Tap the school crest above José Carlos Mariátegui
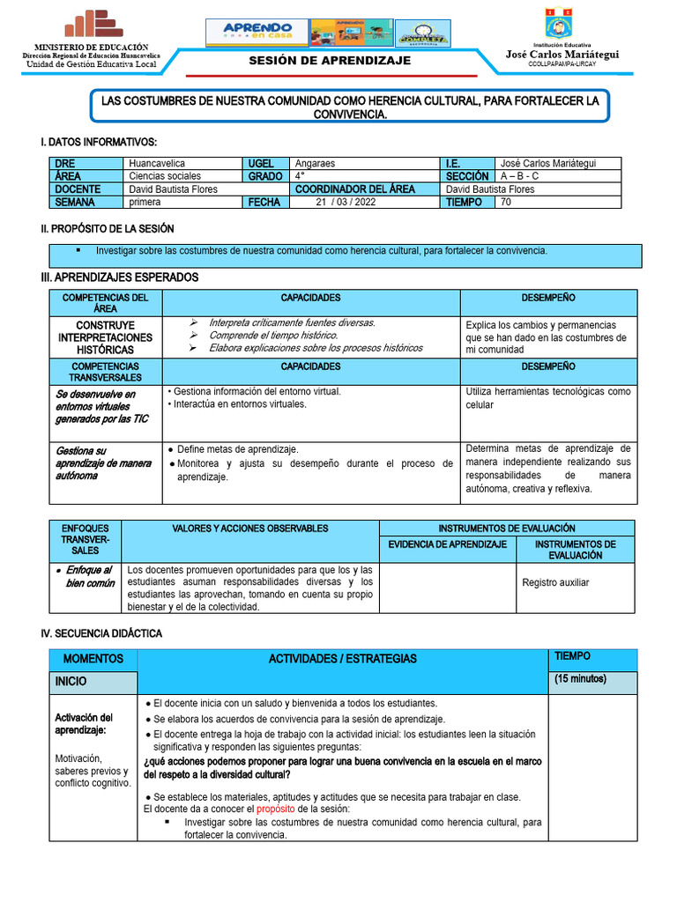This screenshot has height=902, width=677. coord(561,23)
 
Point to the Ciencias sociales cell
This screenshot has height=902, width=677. coord(165,176)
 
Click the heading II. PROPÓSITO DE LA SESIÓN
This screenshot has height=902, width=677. coord(108,229)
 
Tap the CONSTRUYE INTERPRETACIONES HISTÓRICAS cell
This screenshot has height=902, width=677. coord(105,337)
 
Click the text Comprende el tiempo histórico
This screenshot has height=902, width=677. coord(273,336)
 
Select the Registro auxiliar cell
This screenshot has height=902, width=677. coord(555,582)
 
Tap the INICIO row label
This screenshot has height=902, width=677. coord(71,682)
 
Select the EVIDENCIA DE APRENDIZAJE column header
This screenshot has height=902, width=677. coord(447,544)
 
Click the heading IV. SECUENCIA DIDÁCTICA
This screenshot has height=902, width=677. coord(101,633)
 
